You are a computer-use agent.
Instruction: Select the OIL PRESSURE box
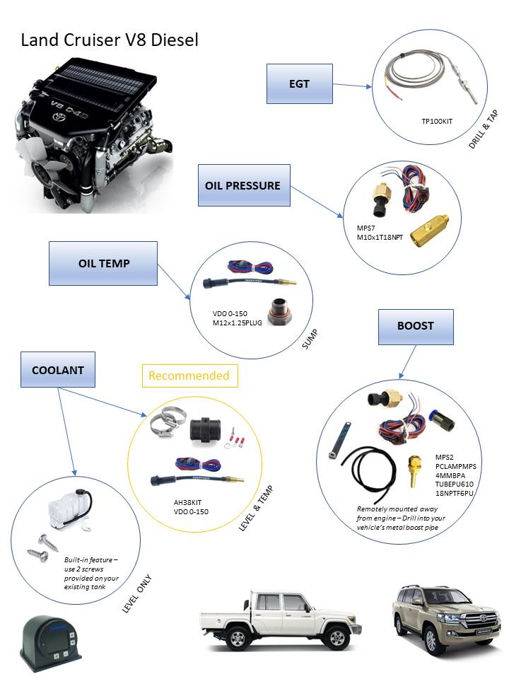(242, 186)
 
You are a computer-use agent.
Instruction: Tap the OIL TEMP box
(103, 262)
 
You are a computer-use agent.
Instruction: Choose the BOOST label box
(415, 326)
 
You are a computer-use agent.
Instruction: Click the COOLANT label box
(58, 370)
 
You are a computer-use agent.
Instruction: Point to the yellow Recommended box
(189, 376)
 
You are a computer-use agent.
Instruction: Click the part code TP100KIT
(436, 122)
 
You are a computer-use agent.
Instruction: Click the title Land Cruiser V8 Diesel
(110, 40)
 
